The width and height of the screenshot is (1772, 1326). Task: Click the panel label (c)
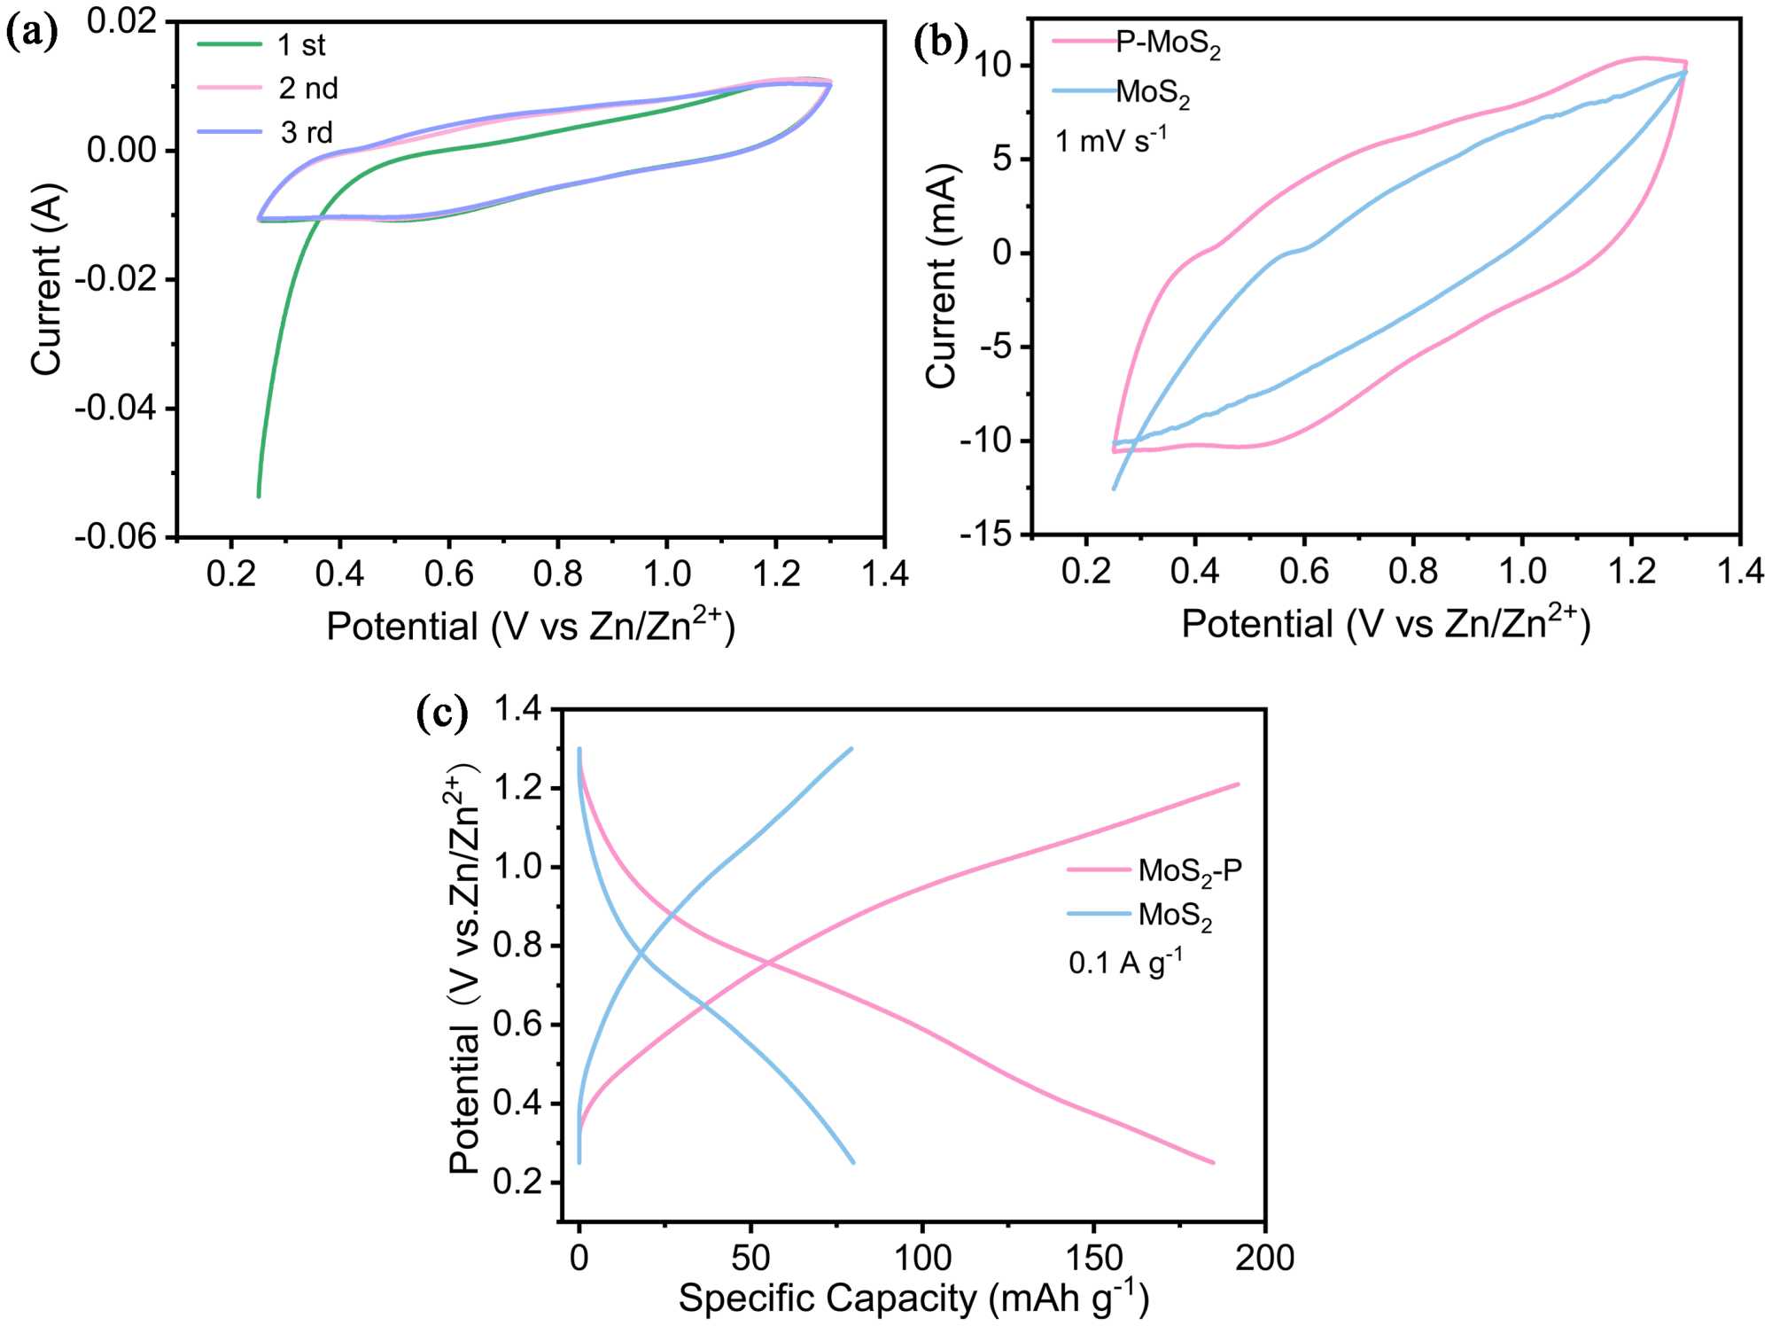pyautogui.click(x=441, y=714)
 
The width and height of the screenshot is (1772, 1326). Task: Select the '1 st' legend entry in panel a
pyautogui.click(x=301, y=45)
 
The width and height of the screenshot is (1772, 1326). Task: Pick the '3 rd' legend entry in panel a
pyautogui.click(x=307, y=133)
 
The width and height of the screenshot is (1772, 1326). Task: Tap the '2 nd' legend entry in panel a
pyautogui.click(x=308, y=89)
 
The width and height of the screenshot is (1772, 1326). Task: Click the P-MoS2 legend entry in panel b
pyautogui.click(x=1167, y=44)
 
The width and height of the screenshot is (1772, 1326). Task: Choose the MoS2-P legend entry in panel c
pyautogui.click(x=1189, y=870)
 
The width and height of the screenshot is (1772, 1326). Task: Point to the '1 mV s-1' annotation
pyautogui.click(x=1111, y=140)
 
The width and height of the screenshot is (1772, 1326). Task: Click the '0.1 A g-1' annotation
pyautogui.click(x=1125, y=963)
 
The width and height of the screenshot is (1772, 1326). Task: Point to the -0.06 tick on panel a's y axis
pyautogui.click(x=115, y=537)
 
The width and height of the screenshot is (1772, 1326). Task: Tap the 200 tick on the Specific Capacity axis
pyautogui.click(x=1264, y=1257)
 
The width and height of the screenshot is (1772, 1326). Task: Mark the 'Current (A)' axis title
pyautogui.click(x=46, y=279)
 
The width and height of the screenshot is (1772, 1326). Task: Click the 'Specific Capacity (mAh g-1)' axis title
pyautogui.click(x=913, y=1299)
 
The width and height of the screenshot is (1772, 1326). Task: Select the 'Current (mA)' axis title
pyautogui.click(x=941, y=276)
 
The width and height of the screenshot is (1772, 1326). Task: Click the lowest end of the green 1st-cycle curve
pyautogui.click(x=259, y=495)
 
